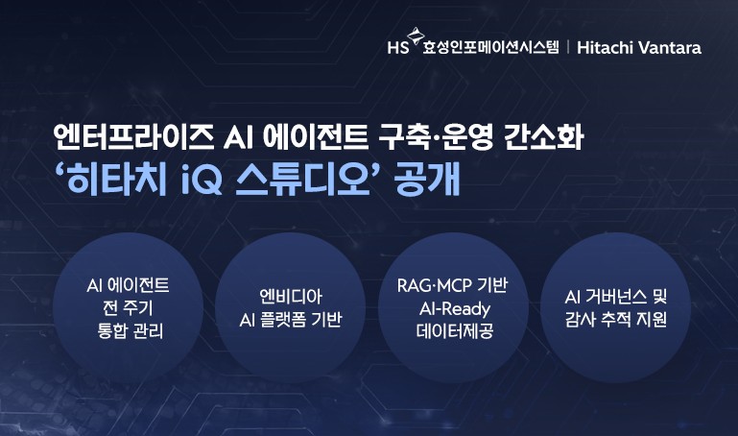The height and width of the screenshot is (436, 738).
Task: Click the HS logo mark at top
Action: [x=396, y=46]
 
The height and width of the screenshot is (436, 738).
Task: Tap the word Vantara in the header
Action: [x=669, y=47]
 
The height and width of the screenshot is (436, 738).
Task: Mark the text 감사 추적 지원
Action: [x=616, y=320]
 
